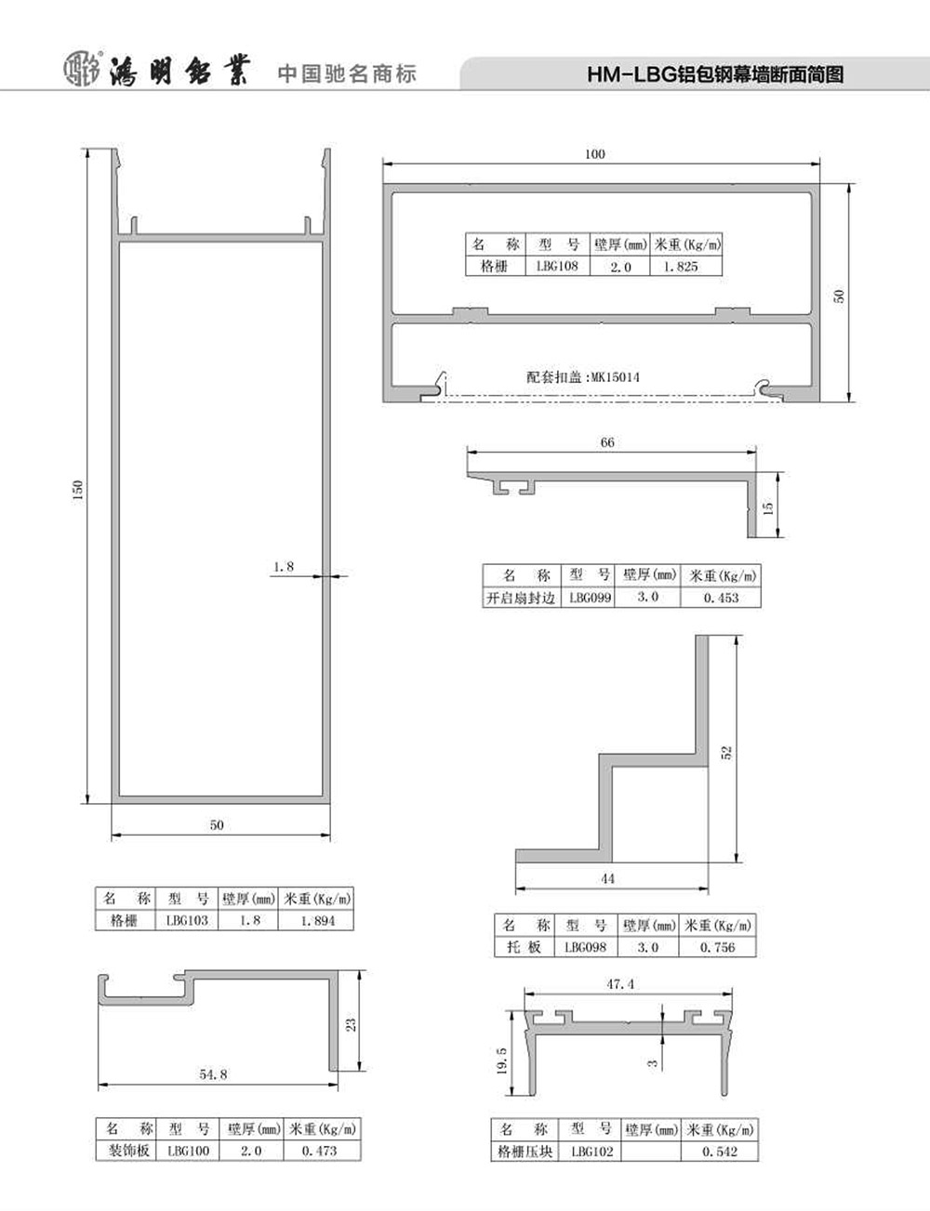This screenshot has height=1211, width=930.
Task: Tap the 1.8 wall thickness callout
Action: coord(284,567)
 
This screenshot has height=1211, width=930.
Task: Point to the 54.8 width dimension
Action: coord(213,1073)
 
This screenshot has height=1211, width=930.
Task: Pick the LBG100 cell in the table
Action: coord(189,1150)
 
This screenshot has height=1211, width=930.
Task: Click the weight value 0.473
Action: coord(320,1150)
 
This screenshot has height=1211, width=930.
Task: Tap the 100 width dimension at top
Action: coord(595,154)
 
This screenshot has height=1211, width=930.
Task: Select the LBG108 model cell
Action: coord(557,266)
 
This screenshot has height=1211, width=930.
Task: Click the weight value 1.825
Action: coord(680,267)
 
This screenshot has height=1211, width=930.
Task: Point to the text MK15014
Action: coord(616,377)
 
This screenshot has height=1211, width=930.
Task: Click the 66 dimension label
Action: coord(607,442)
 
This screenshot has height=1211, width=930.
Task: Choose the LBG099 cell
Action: coord(590,598)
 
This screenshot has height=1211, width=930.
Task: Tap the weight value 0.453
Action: coord(721,598)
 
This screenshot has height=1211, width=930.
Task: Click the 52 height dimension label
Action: coord(727,753)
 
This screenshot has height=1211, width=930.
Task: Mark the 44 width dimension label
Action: coord(607,878)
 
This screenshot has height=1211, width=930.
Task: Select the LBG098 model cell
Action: coord(585,946)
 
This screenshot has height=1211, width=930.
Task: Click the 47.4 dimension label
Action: coord(620,984)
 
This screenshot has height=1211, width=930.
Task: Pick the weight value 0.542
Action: coord(720,1151)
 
